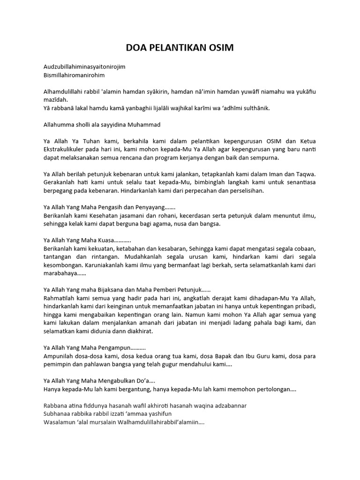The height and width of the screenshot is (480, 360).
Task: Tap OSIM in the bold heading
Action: (222, 48)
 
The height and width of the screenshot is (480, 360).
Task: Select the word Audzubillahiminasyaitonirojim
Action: (84, 67)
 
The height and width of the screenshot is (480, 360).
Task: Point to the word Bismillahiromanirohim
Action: (74, 75)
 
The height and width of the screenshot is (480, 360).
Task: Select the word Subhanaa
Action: (57, 413)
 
